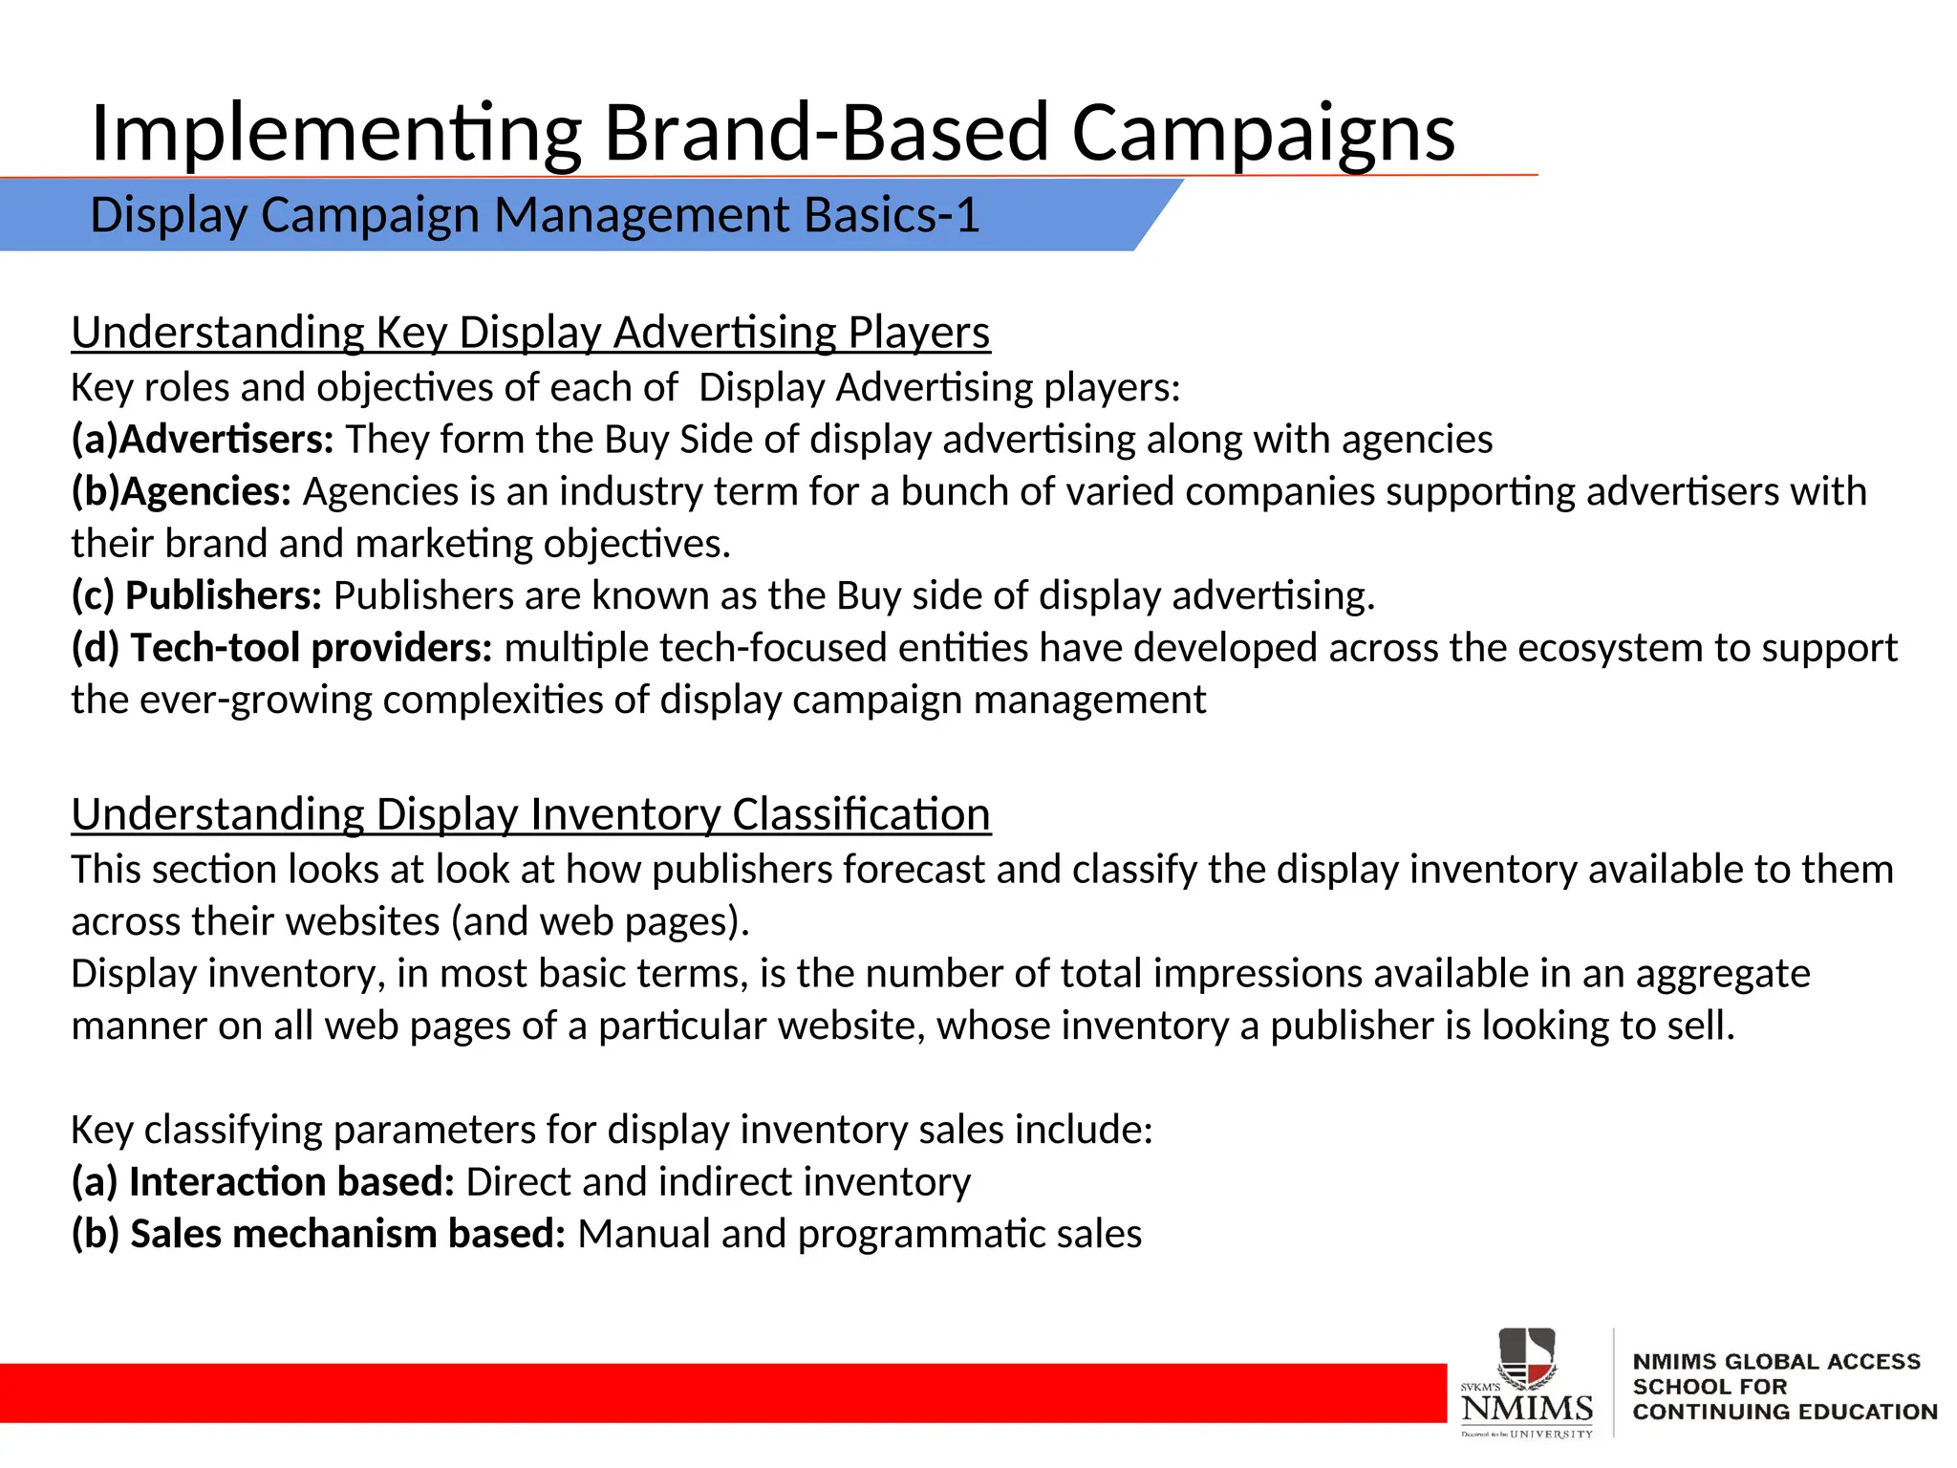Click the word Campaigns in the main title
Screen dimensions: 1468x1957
1262,134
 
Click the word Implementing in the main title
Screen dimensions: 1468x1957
335,134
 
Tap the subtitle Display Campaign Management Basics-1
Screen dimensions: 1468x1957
534,215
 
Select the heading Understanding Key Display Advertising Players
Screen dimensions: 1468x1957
530,333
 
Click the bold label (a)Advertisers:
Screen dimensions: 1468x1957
203,440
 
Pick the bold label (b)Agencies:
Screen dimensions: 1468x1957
182,492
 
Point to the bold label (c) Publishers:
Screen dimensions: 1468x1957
197,596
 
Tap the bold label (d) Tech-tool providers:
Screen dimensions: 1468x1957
282,648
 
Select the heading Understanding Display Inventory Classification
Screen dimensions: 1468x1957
530,814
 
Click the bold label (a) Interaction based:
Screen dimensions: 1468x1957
263,1182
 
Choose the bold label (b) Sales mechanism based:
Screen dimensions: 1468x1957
319,1234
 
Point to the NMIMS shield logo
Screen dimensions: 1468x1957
1526,1357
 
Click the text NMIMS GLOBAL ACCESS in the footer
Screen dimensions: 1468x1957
1775,1362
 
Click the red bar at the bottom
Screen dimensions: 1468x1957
717,1392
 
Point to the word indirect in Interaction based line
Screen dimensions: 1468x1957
724,1182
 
